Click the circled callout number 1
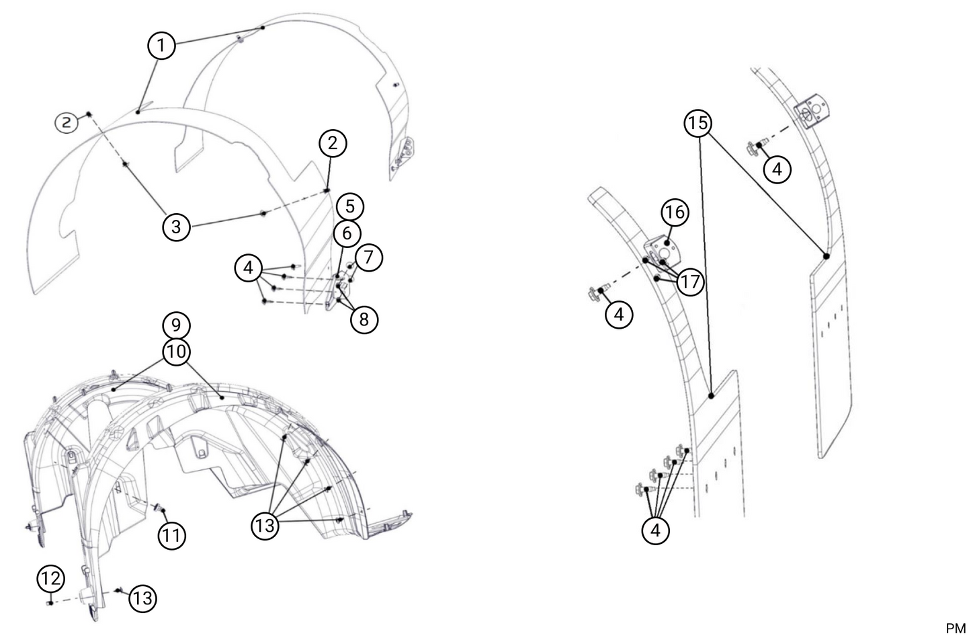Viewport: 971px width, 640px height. pos(161,45)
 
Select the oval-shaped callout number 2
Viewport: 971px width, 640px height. pos(66,123)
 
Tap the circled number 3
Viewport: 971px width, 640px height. pos(176,227)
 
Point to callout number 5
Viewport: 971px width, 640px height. pos(350,207)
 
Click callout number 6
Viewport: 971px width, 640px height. pos(347,233)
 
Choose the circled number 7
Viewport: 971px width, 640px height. pos(368,257)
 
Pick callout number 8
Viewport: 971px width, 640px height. pos(364,320)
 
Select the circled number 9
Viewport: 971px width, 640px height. pos(176,325)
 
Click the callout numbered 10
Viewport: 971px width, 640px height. pos(176,352)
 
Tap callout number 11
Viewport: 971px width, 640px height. pos(171,536)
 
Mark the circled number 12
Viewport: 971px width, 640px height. pos(51,578)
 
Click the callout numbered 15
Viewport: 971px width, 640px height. pos(698,123)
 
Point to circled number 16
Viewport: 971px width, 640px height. pos(675,212)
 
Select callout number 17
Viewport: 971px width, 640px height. pos(690,282)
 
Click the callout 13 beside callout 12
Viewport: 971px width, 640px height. pos(142,598)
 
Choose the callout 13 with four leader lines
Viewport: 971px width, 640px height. pos(265,526)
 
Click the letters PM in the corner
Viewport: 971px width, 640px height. pos(956,628)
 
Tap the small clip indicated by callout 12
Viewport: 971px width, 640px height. pos(50,603)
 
